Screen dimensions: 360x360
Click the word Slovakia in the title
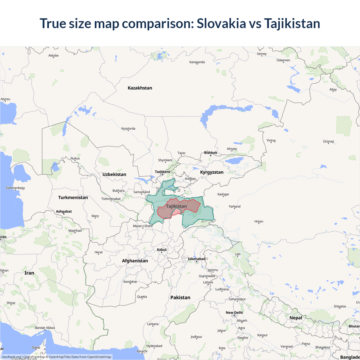[x=221, y=23]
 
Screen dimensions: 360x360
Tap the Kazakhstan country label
[x=140, y=88]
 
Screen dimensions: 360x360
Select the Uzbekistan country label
[x=114, y=174]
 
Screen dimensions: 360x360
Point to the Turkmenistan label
[x=73, y=197]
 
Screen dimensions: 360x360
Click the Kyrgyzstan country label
[x=212, y=172]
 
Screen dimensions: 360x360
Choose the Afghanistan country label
[x=135, y=261]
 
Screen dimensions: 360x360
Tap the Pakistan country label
[x=180, y=298]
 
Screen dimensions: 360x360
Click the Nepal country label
[x=296, y=318]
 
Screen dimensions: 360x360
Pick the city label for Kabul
[x=162, y=250]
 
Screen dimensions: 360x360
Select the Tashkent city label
[x=162, y=172]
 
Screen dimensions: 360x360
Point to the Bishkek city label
[x=211, y=153]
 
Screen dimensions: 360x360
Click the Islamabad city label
[x=197, y=259]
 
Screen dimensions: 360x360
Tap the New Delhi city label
[x=234, y=312]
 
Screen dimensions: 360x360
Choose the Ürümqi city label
[x=328, y=141]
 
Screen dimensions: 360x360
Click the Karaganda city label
[x=197, y=62]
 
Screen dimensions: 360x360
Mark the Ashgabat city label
[x=64, y=211]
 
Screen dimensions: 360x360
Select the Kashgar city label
[x=223, y=194]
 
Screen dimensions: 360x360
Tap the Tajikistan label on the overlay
[x=176, y=206]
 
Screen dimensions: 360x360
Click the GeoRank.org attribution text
[x=11, y=357]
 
